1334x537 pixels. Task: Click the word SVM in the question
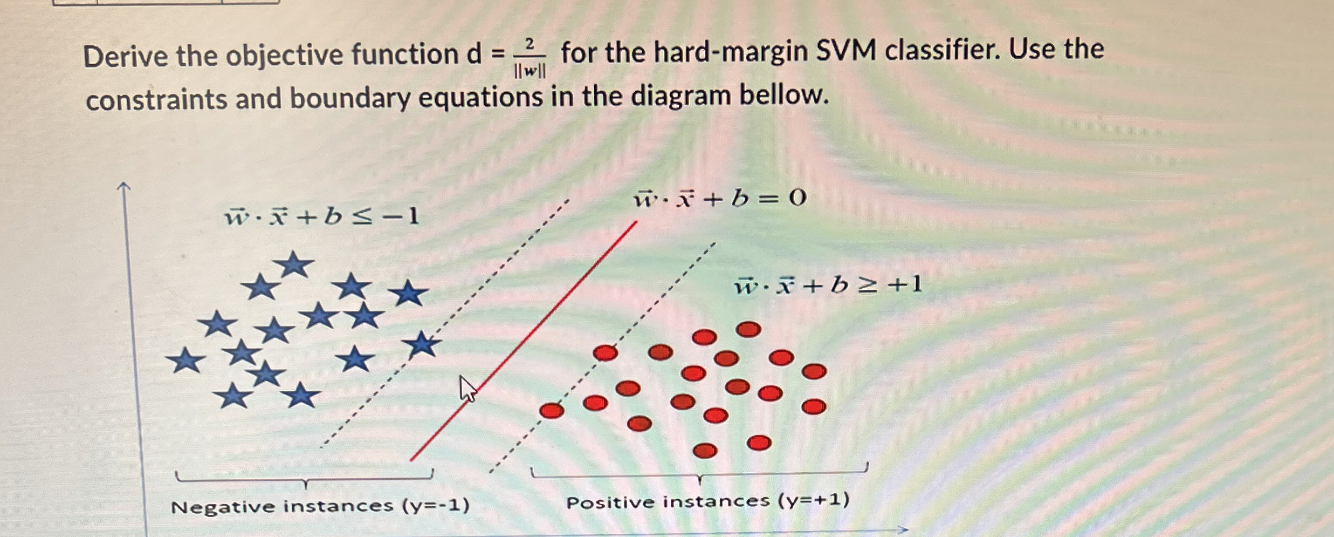845,52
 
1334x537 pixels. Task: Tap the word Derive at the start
125,56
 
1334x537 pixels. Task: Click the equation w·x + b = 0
719,199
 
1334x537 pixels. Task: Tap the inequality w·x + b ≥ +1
828,285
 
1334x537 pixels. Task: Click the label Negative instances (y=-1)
320,506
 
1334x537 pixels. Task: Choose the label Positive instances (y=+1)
707,501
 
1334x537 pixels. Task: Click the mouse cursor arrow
467,389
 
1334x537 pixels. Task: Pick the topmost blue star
294,264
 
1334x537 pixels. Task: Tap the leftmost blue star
185,360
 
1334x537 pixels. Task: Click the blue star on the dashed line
422,344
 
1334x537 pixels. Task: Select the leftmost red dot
552,411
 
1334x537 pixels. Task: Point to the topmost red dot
748,329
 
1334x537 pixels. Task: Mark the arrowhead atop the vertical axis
124,187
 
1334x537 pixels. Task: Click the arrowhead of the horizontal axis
903,530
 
